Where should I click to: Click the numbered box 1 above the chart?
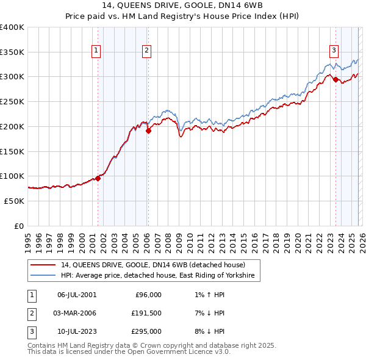click(96, 51)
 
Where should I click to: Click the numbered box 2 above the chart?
click(147, 51)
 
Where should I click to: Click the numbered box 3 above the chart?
click(334, 51)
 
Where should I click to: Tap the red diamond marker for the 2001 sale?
click(98, 178)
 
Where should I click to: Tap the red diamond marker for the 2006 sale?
click(148, 129)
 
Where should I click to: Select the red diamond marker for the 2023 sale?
click(335, 79)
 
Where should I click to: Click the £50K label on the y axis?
click(14, 201)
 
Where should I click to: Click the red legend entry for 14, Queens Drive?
click(152, 265)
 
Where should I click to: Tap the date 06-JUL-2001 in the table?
click(77, 295)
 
